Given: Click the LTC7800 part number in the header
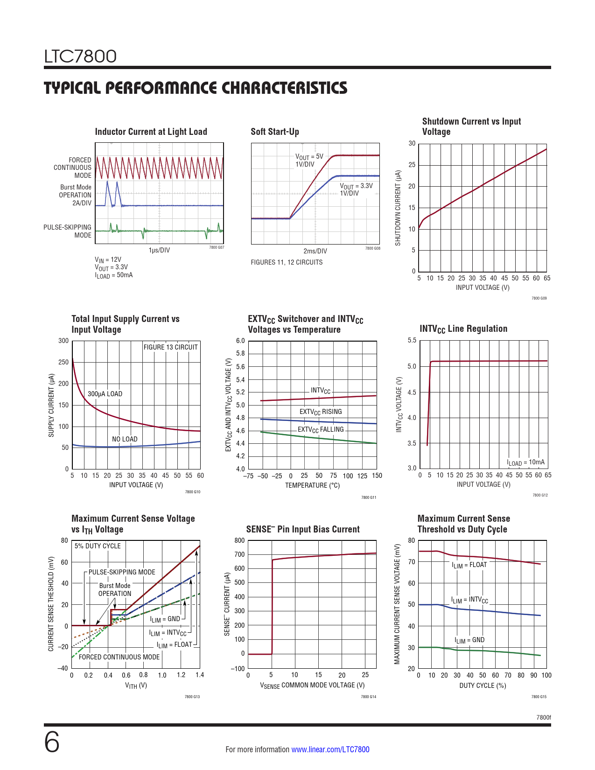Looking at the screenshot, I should (x=80, y=56).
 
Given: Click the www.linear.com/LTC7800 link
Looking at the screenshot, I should (x=330, y=749).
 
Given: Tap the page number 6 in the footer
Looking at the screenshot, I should (x=52, y=742).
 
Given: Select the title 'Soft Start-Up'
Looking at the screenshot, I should (x=275, y=132).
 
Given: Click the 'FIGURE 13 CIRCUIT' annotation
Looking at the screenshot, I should (x=170, y=347).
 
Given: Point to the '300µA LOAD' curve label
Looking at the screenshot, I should (x=105, y=394).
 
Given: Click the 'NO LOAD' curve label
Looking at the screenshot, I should (x=125, y=439).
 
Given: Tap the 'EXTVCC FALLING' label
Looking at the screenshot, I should (x=321, y=430).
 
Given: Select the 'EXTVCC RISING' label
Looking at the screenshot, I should (x=321, y=412).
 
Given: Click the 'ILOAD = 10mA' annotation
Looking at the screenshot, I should (x=526, y=462).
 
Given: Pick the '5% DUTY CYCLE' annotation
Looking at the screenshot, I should (x=98, y=546).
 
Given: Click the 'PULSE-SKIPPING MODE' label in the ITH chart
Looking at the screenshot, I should (x=122, y=572).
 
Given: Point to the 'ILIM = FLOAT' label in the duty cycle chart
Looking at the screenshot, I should (x=469, y=565).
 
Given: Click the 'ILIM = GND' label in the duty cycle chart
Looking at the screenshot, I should (x=469, y=640).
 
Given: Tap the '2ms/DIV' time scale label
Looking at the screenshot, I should (x=315, y=251).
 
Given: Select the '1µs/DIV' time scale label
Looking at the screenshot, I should (x=159, y=250).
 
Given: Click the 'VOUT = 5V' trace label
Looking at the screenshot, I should (x=309, y=157).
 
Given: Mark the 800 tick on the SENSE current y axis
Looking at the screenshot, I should (x=239, y=540).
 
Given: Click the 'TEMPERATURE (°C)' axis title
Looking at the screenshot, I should (x=312, y=485).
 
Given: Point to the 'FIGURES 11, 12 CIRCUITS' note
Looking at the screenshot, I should (x=287, y=262).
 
